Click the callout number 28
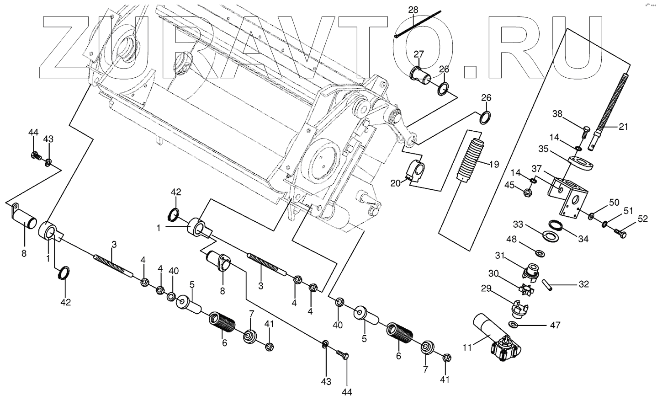[x=413, y=10]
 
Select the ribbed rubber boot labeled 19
[x=472, y=160]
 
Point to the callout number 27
[x=419, y=55]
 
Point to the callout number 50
[x=614, y=203]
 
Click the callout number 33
[x=518, y=224]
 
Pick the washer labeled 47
[x=513, y=325]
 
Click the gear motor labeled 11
[x=498, y=341]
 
